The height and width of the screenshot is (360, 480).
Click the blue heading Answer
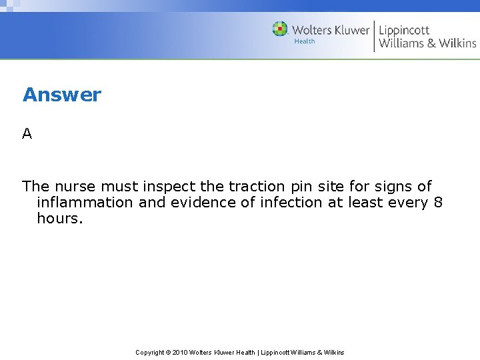point(62,95)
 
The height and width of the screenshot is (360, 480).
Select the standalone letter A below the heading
point(27,133)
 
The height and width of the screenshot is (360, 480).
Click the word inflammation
point(85,202)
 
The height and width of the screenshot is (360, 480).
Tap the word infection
point(291,202)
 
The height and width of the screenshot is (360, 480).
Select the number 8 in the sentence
point(438,202)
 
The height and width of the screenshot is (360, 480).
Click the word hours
point(60,218)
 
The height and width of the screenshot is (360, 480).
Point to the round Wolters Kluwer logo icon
point(280,29)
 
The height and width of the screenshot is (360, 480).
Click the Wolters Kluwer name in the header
point(331,29)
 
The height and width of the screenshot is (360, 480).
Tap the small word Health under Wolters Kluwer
point(305,41)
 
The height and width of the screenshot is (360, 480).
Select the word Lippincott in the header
point(404,29)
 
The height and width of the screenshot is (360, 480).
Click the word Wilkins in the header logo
point(457,43)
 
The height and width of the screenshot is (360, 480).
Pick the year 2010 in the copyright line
point(179,352)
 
